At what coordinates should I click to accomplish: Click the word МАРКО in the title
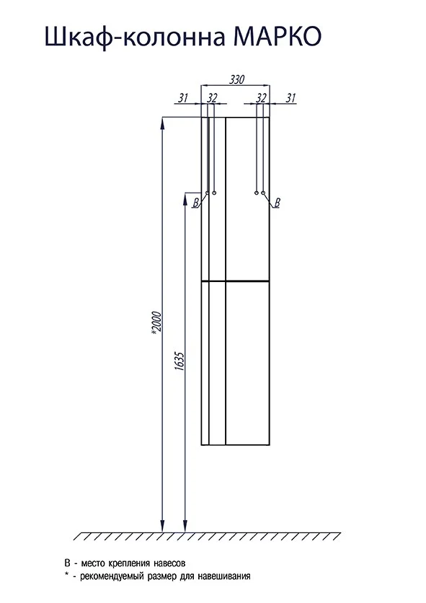click(x=278, y=37)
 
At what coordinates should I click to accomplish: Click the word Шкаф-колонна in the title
click(x=135, y=38)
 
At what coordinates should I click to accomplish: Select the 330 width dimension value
click(x=237, y=79)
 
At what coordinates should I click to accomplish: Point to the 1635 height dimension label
click(x=180, y=361)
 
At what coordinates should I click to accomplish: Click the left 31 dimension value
click(x=183, y=98)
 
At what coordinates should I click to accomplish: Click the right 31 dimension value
click(x=290, y=98)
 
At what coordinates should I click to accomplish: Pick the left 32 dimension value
click(x=212, y=98)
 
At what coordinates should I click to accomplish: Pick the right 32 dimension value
click(x=261, y=98)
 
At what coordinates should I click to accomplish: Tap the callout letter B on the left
click(x=196, y=203)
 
